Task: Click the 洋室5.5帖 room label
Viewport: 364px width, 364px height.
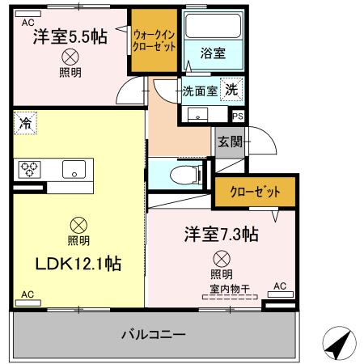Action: coord(70,36)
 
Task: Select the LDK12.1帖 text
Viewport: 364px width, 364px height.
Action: coord(77,264)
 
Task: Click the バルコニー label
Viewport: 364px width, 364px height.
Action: coord(154,333)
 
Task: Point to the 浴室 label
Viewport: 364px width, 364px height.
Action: coord(213,53)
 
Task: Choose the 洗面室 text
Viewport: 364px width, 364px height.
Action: coord(199,91)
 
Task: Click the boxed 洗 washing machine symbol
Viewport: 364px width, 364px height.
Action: coord(231,90)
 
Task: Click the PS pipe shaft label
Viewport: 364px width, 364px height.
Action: coord(237,116)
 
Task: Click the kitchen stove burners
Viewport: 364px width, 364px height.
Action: coord(31,169)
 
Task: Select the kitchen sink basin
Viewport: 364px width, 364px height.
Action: coord(74,170)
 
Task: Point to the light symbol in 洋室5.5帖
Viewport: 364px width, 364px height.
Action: coord(70,57)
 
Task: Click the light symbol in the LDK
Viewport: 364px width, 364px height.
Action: coord(78,224)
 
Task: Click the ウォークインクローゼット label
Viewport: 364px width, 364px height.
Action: coord(154,40)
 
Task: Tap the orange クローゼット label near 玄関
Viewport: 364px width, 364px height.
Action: coord(256,193)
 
